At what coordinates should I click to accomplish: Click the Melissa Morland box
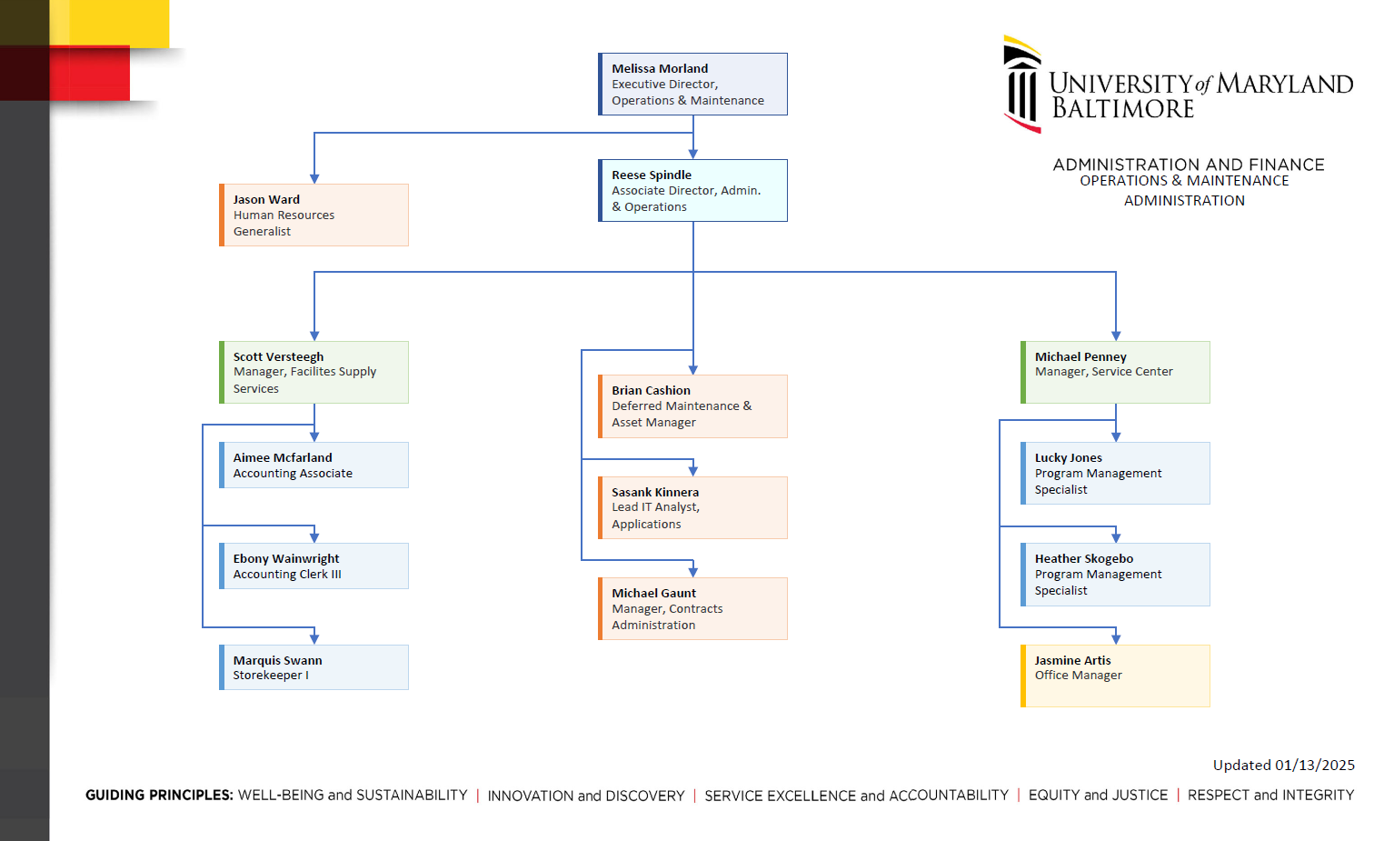(x=692, y=84)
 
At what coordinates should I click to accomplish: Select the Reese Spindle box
(x=692, y=190)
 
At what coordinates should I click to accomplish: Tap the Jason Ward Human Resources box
(x=314, y=215)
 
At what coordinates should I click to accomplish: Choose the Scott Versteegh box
(x=314, y=372)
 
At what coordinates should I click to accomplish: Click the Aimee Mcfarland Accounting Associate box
(x=314, y=465)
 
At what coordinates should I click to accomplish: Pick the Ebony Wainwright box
(x=314, y=566)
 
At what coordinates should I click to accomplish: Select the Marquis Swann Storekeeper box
(x=314, y=667)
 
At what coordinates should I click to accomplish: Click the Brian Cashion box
(x=692, y=405)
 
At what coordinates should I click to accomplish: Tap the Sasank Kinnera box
(x=692, y=507)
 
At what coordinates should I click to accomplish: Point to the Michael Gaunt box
(x=692, y=608)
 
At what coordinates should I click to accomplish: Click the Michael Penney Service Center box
(x=1115, y=372)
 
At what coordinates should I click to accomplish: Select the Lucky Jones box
(x=1115, y=473)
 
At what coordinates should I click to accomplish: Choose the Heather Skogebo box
(x=1115, y=574)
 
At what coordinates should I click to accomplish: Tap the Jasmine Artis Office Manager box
(x=1115, y=676)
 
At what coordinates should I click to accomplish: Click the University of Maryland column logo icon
(x=1021, y=85)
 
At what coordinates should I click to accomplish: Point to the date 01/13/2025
(x=1314, y=766)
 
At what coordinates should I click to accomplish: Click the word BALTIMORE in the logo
(x=1122, y=109)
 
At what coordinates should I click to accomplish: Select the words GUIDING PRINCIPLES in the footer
(x=159, y=796)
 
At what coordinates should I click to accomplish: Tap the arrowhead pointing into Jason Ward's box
(x=314, y=178)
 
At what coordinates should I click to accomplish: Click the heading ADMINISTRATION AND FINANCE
(x=1188, y=165)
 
